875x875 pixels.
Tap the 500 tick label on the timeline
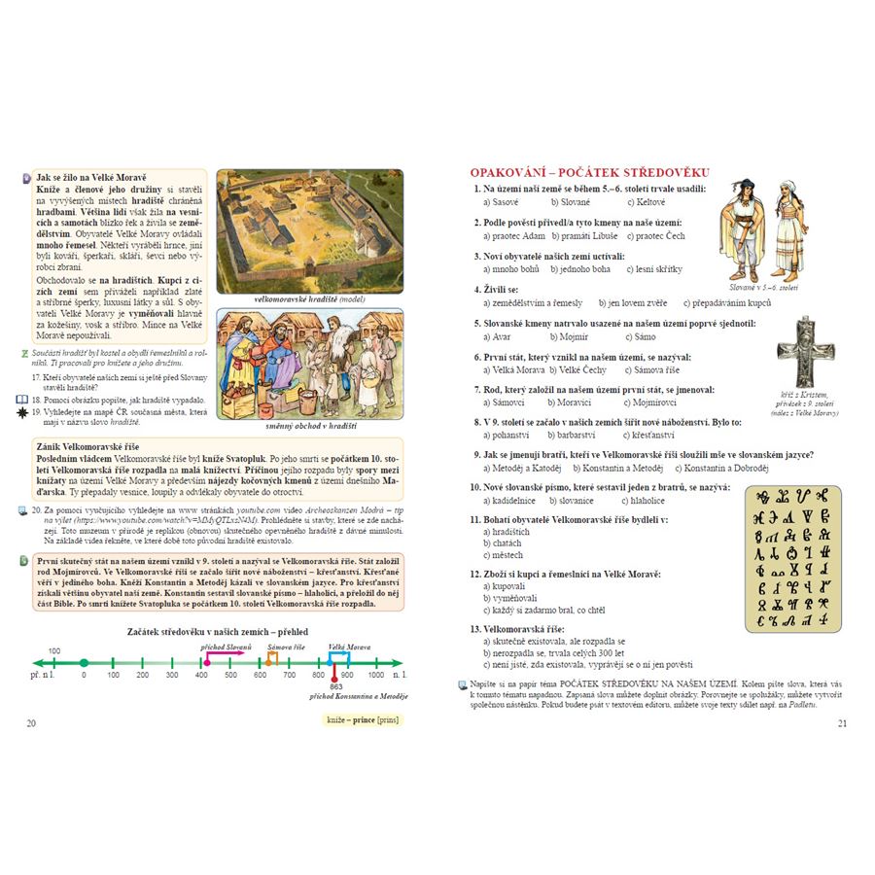(230, 674)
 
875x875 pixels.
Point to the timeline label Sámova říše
(286, 647)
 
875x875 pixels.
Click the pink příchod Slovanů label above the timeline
(226, 647)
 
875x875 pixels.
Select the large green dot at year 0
(84, 663)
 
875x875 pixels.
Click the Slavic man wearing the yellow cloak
(743, 228)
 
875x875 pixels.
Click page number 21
(842, 722)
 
